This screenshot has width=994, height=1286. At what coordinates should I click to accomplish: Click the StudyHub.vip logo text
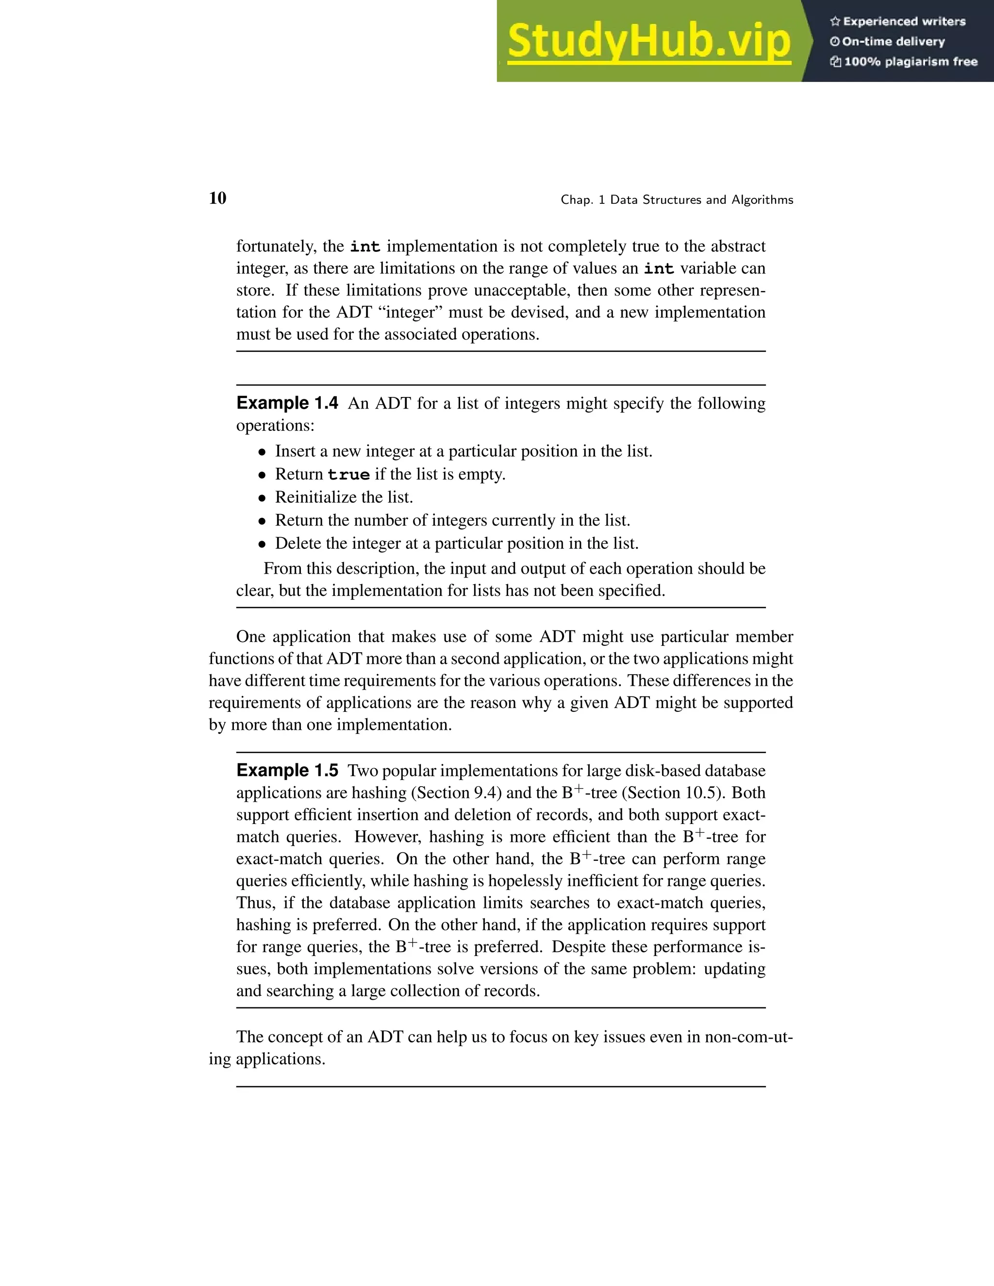coord(648,41)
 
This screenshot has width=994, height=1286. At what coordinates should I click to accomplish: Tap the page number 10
coord(217,198)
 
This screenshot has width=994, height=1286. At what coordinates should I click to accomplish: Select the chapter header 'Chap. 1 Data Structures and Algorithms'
coord(677,200)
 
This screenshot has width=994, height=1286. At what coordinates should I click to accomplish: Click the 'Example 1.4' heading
coord(287,403)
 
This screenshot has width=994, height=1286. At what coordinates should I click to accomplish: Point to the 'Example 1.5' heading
coord(287,770)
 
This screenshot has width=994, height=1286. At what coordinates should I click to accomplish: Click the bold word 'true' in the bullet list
coord(348,475)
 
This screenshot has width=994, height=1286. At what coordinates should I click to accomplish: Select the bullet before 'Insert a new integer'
coord(262,452)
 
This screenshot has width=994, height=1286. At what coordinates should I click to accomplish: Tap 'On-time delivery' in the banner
coord(894,42)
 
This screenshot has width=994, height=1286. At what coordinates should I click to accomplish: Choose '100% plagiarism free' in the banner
coord(911,62)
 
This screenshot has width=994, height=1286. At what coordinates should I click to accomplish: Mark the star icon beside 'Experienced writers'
coord(834,22)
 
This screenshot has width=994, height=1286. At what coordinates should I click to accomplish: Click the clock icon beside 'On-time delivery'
coord(834,42)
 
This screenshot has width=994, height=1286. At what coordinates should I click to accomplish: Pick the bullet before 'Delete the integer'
coord(262,544)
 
